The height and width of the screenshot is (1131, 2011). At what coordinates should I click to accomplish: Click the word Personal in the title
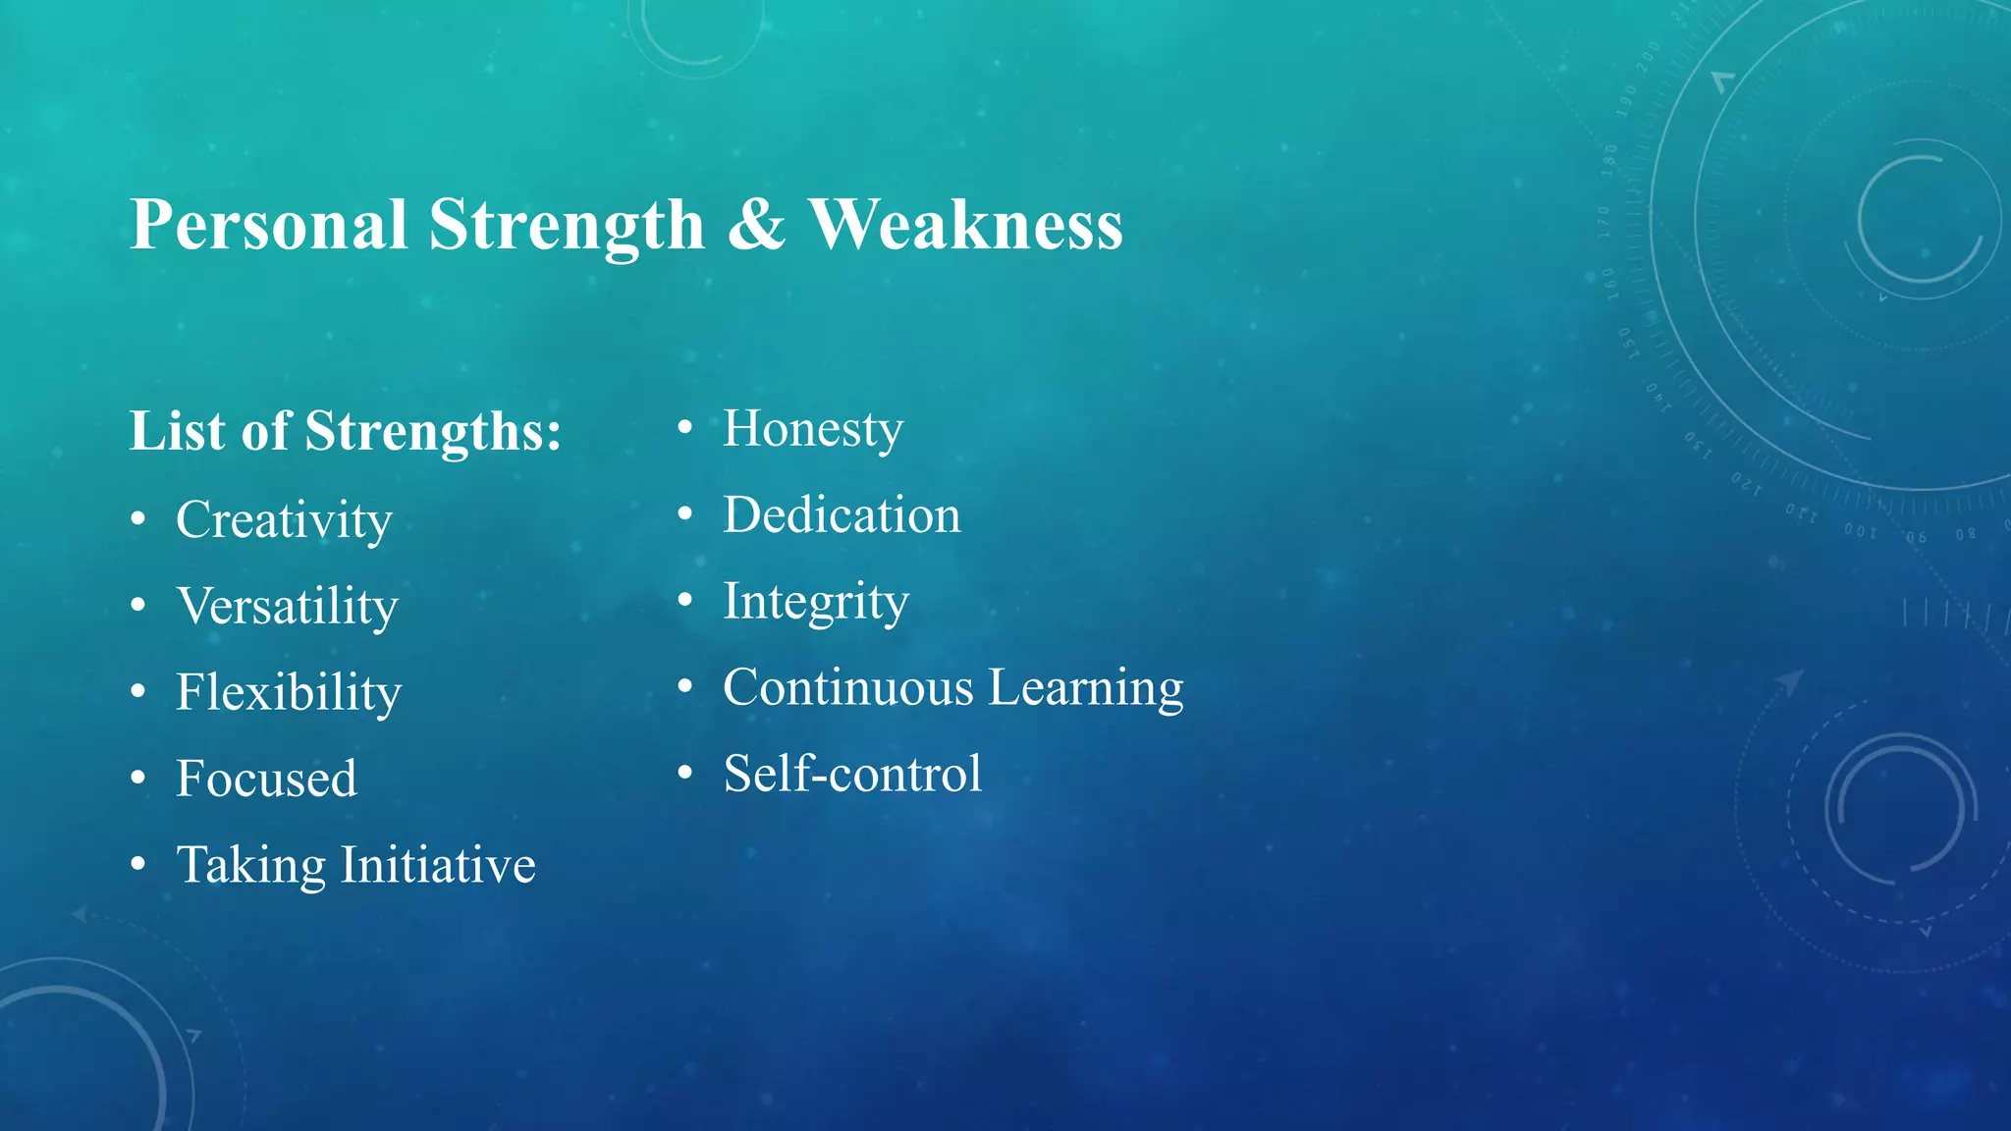(x=268, y=225)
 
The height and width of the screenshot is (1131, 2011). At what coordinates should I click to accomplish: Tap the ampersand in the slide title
(x=756, y=225)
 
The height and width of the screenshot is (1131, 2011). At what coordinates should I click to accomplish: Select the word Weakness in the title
(x=965, y=225)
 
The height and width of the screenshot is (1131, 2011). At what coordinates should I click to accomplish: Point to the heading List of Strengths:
(x=345, y=431)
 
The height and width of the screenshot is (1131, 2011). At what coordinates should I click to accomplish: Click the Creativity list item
(x=284, y=519)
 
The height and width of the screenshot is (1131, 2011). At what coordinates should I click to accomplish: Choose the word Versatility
(x=287, y=606)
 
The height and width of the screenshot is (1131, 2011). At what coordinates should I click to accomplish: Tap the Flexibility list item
(x=289, y=692)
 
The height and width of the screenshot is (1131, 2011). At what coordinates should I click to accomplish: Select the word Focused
(x=266, y=779)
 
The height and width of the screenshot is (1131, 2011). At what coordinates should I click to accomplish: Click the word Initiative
(x=438, y=865)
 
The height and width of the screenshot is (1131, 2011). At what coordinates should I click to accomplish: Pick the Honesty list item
(x=812, y=429)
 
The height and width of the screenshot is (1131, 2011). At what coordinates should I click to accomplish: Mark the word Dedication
(x=842, y=515)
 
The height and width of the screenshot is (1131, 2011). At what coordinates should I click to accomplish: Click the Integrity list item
(x=815, y=601)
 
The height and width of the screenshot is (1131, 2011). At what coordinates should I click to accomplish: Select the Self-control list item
(x=851, y=774)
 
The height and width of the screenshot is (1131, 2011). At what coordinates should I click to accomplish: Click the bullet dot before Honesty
(x=685, y=428)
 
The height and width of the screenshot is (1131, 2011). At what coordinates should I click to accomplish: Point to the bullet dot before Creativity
(x=138, y=518)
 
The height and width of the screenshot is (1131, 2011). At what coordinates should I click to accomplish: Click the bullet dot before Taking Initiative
(x=138, y=864)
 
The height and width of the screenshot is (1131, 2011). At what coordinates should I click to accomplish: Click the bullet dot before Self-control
(x=685, y=773)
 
